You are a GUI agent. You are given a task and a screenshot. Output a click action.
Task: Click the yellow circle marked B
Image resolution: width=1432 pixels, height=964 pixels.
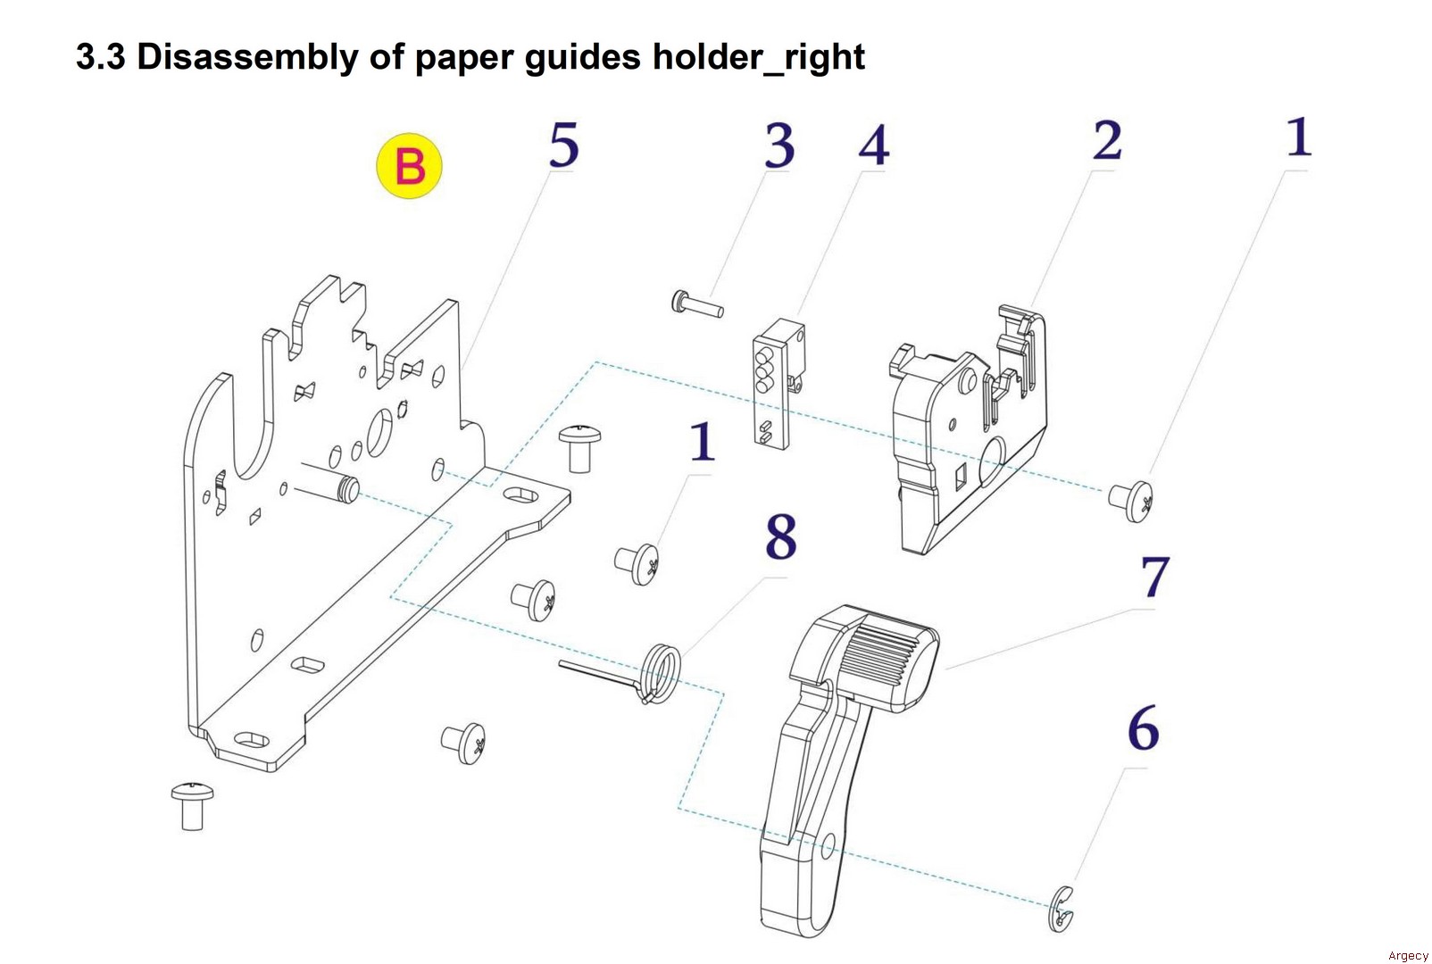click(409, 166)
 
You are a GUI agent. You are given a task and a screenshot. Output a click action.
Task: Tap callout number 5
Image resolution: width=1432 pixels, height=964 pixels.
click(563, 145)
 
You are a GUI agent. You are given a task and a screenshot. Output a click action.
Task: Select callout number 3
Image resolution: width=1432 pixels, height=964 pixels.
click(778, 145)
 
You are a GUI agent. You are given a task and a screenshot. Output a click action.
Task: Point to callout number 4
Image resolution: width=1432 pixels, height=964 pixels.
click(874, 145)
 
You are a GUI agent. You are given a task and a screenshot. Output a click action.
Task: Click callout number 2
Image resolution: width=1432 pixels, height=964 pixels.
click(1107, 141)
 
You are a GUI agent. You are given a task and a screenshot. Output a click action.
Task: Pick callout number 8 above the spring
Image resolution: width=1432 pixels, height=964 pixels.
click(780, 537)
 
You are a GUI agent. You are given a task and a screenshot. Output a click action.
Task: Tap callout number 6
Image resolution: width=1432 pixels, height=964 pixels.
click(1143, 728)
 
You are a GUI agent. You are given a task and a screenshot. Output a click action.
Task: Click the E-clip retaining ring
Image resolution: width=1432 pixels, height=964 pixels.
click(1062, 910)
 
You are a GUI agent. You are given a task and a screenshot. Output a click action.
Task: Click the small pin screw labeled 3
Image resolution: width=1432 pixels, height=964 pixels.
click(696, 304)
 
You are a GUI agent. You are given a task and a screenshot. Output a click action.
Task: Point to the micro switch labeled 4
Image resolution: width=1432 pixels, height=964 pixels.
click(773, 388)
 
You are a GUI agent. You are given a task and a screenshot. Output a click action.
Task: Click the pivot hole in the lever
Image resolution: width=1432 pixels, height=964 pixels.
click(828, 845)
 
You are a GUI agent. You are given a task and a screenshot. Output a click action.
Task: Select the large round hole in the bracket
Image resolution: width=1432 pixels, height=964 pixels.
click(379, 432)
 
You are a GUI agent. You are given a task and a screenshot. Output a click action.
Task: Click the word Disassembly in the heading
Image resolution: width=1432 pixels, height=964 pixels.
click(246, 57)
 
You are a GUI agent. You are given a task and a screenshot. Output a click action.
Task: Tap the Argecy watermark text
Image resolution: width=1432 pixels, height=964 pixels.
click(1408, 955)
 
